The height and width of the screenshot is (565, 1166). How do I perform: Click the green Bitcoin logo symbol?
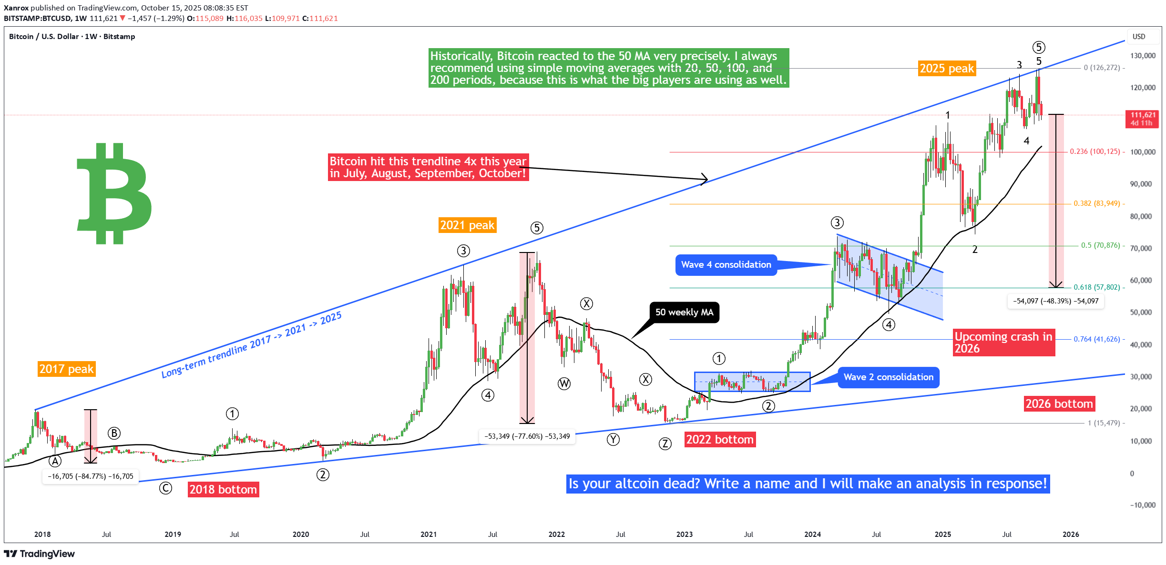114,193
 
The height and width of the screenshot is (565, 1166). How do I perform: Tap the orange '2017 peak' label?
67,369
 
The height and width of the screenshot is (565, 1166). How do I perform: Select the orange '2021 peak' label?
467,225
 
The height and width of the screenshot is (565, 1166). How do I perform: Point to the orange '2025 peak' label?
947,69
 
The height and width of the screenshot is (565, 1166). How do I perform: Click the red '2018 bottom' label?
223,489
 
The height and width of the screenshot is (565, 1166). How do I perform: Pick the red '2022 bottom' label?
720,439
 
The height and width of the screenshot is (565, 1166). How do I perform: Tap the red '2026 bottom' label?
1059,404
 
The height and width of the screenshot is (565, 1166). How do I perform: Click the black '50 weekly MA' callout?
684,313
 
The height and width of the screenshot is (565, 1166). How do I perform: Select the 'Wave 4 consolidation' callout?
726,265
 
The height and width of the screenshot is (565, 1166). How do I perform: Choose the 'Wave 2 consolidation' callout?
889,377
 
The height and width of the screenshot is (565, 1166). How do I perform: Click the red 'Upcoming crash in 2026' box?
1003,343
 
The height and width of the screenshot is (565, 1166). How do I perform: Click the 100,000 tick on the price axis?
1143,152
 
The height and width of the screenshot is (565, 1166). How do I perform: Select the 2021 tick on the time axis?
429,535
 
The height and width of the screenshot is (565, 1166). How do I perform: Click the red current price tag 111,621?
1143,119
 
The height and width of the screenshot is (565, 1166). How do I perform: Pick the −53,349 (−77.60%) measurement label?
527,436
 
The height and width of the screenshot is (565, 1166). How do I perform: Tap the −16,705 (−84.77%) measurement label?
91,476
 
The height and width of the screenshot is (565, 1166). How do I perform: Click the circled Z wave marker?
665,444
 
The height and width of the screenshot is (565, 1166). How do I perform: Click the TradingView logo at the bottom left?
40,554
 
